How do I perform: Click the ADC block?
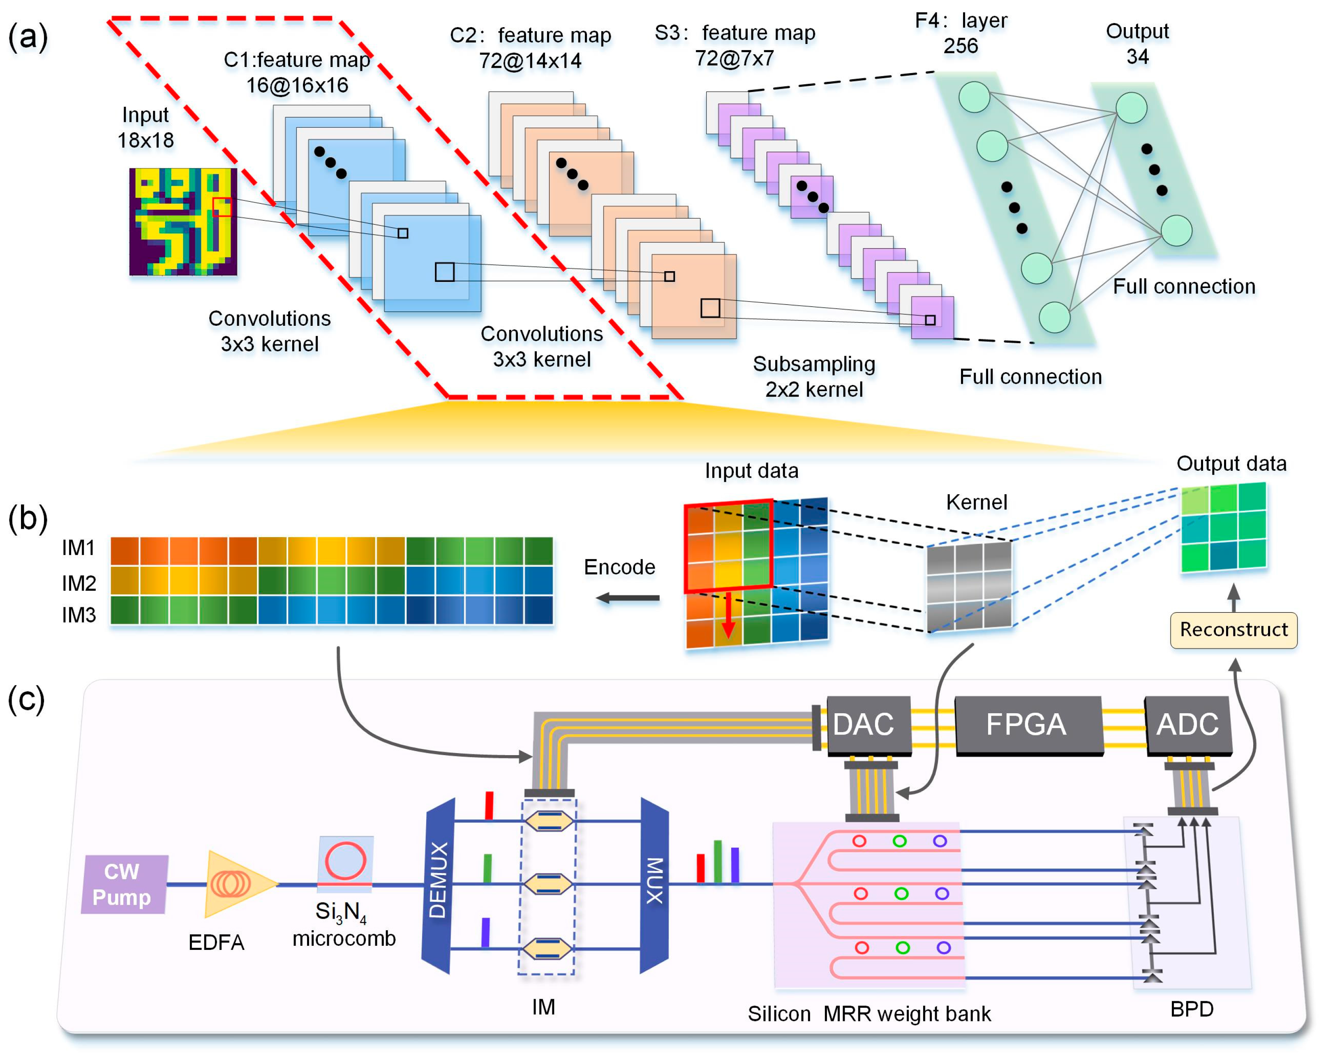[1187, 725]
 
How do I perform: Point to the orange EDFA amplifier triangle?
[236, 884]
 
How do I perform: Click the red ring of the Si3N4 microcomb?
[346, 860]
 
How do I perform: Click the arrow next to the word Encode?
[628, 598]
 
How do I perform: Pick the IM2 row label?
[79, 583]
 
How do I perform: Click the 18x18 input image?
[183, 221]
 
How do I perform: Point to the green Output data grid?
[1223, 527]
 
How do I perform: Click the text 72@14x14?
[530, 61]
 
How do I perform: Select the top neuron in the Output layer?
[1131, 108]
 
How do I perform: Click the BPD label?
[1191, 1009]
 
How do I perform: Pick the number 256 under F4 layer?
[961, 46]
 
